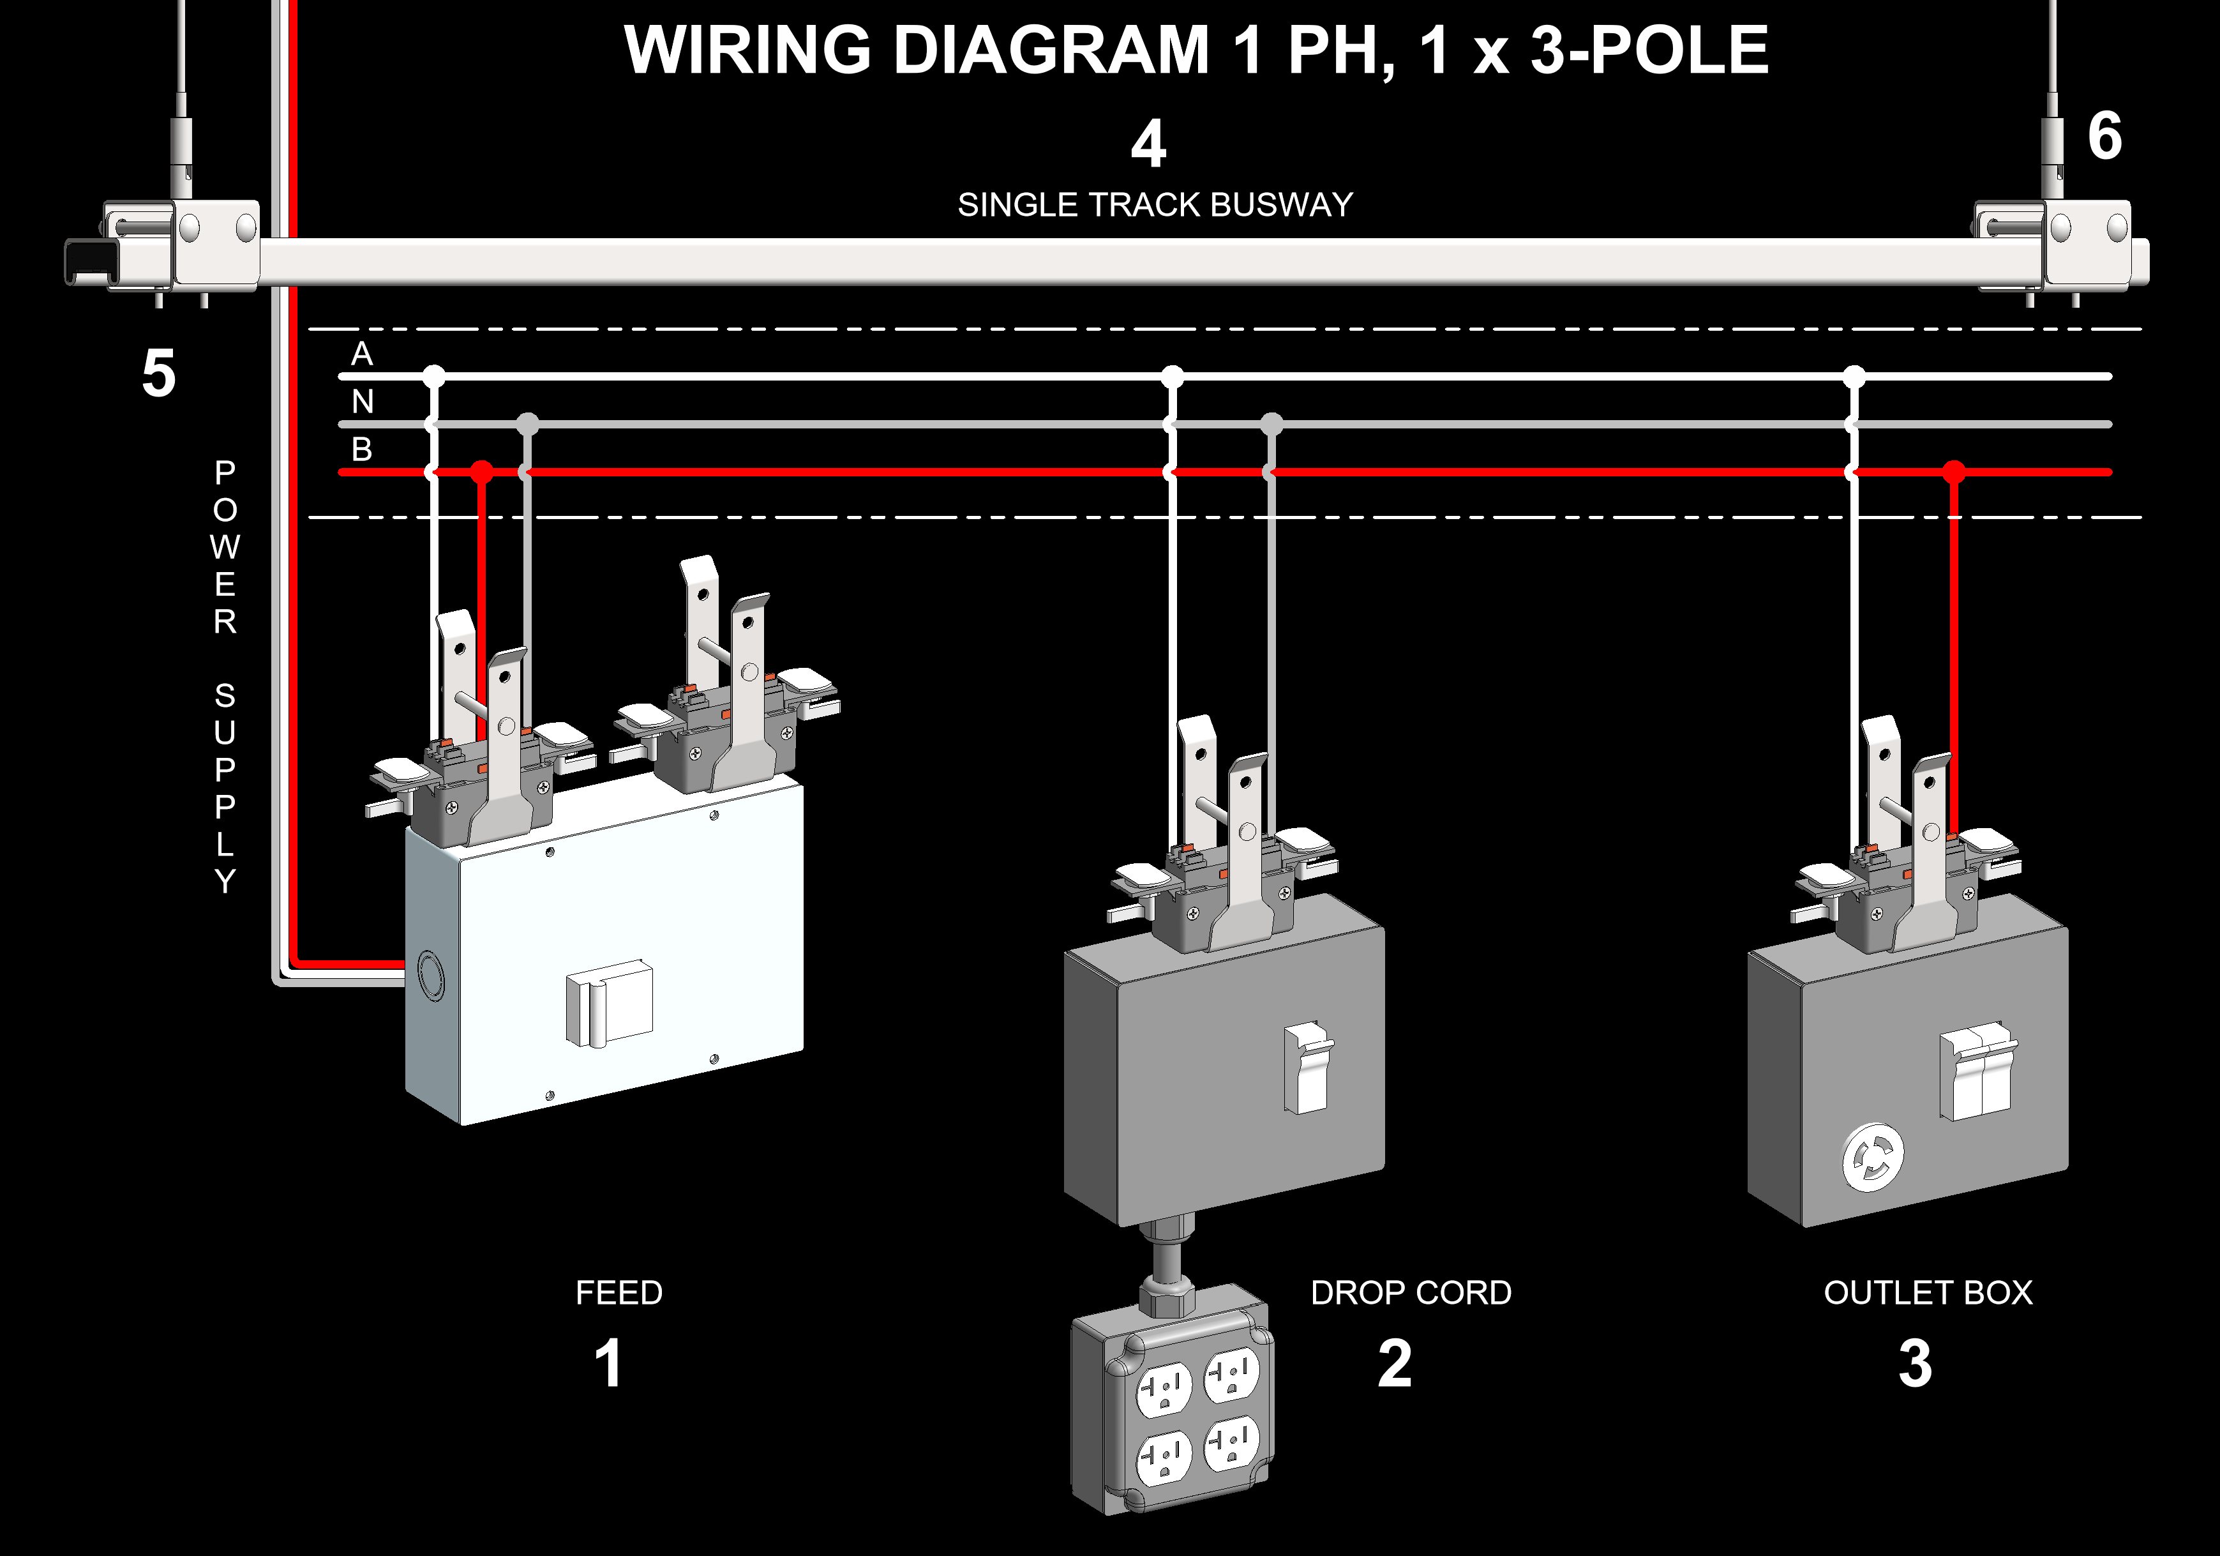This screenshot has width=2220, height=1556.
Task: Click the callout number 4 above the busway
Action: point(1149,145)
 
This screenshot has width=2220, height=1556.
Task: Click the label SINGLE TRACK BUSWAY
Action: point(1155,205)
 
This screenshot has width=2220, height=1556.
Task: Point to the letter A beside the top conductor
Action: point(362,354)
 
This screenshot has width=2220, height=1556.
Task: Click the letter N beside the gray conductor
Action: point(363,402)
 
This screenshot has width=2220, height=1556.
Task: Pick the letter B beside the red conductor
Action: point(362,449)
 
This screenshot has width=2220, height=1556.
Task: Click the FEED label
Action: point(619,1293)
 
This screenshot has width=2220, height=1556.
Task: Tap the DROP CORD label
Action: point(1411,1293)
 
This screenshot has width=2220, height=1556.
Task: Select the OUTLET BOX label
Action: point(1928,1293)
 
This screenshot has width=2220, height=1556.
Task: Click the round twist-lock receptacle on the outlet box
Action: point(1873,1156)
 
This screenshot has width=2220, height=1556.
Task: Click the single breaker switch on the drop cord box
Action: point(1309,1068)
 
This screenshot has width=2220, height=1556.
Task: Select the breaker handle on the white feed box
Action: point(608,1004)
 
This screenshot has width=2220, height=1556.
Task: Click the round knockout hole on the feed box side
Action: point(430,975)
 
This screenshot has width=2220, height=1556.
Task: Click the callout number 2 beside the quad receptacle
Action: point(1394,1364)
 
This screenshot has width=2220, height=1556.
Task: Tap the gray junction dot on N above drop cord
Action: point(1271,423)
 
